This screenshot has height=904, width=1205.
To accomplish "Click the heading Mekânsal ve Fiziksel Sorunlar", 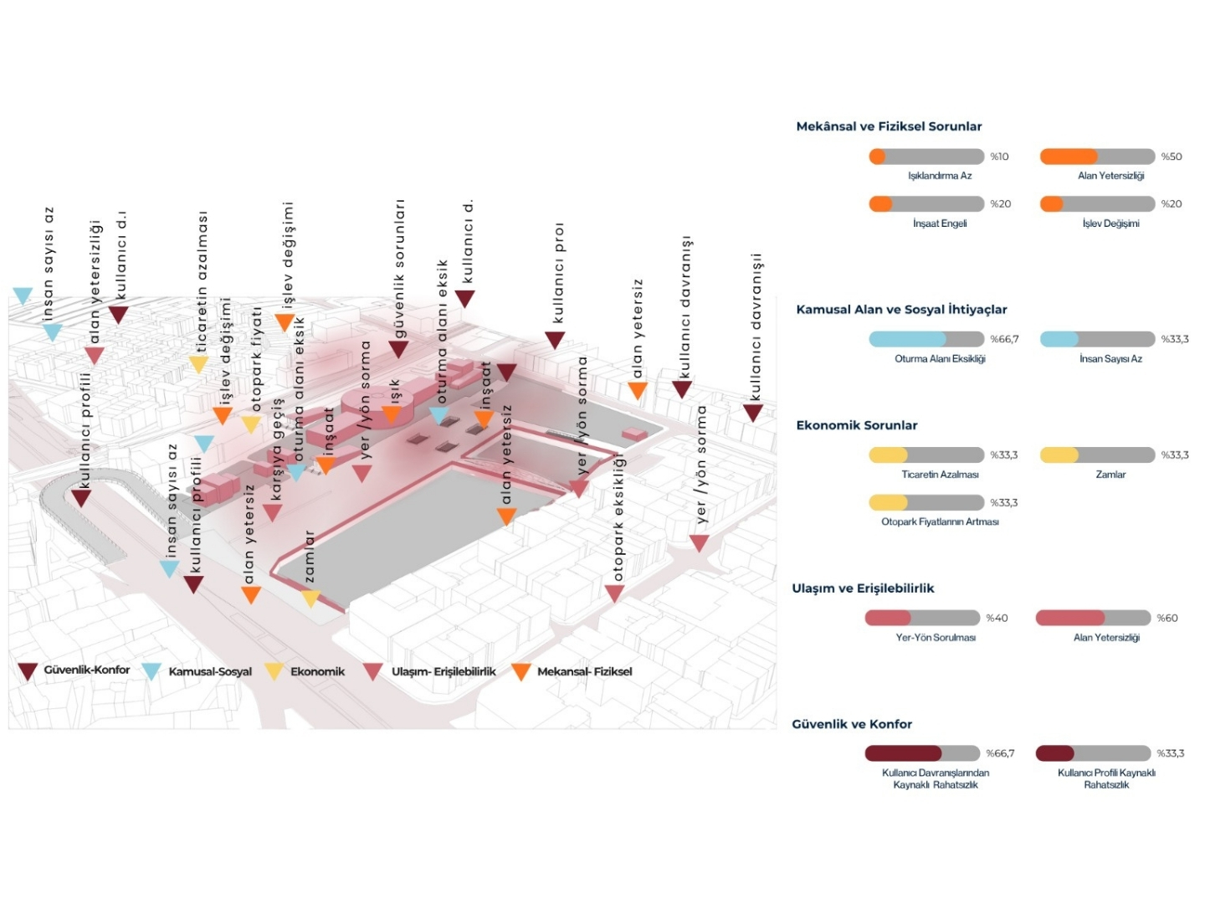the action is (x=889, y=126).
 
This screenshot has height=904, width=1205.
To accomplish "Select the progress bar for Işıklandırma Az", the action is (x=926, y=157).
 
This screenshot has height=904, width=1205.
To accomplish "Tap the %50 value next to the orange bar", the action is (x=1172, y=157).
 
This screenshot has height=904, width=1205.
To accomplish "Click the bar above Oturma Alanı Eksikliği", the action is (x=926, y=339).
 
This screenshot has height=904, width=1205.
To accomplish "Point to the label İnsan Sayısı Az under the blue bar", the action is (x=1110, y=359).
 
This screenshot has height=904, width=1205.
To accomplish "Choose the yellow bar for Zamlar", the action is (x=1097, y=455).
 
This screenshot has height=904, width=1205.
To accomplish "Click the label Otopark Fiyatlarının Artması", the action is (x=940, y=521).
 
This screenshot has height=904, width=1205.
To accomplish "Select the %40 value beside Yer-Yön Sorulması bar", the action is (x=997, y=618).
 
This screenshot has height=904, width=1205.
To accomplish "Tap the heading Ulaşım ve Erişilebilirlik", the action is (x=863, y=588).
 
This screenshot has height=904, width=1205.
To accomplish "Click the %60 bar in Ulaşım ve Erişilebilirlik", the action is (x=1093, y=618).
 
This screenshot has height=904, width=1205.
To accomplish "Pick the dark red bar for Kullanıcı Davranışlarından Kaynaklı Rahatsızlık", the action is (x=922, y=753).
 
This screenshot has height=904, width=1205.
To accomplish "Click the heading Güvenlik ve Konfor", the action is (x=852, y=724).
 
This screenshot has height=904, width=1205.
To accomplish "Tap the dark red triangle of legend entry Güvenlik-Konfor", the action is (x=28, y=671).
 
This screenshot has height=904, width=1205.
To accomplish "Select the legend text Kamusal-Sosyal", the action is (x=210, y=671).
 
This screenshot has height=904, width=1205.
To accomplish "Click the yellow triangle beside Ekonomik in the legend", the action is (x=274, y=671).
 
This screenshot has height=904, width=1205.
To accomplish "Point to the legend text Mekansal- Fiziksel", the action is (x=585, y=671).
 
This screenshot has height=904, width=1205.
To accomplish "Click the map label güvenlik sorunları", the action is (x=399, y=269).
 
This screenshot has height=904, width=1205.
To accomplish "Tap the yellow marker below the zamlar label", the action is (x=310, y=598).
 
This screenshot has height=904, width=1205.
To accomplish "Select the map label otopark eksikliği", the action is (x=618, y=517).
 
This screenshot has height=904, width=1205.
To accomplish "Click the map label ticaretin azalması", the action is (x=202, y=281).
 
